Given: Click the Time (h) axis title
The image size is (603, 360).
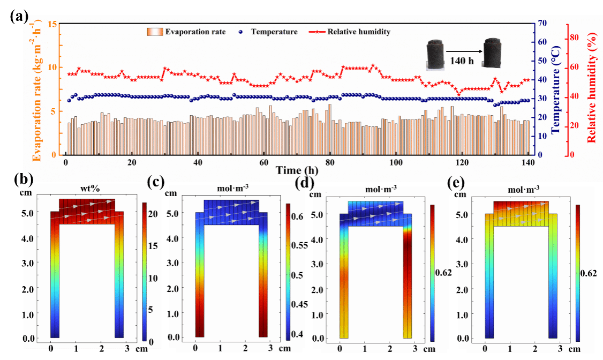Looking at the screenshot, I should coord(297,170).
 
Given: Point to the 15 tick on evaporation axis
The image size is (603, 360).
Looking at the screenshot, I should coord(52,24).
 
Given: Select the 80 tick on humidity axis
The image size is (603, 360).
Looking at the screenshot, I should coord(574,37).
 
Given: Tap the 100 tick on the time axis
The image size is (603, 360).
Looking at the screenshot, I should coord(396,163).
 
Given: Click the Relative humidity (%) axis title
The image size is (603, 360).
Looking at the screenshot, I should coord(592,89).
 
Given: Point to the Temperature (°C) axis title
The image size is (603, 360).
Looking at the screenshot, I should coord(555,89).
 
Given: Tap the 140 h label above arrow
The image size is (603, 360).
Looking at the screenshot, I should coord(462,61).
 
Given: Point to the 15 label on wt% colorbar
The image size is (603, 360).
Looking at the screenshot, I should coord(153,246).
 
